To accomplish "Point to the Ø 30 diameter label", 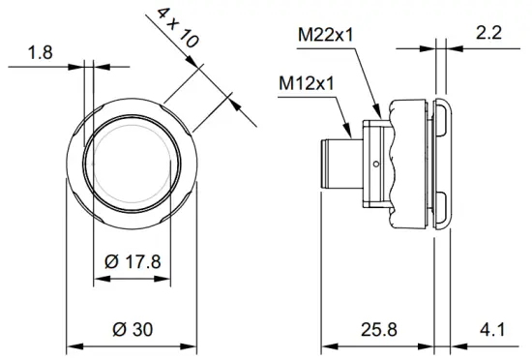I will tap(133, 329).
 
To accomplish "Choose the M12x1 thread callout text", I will tap(307, 82).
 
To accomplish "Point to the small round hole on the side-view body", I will tap(375, 161).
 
